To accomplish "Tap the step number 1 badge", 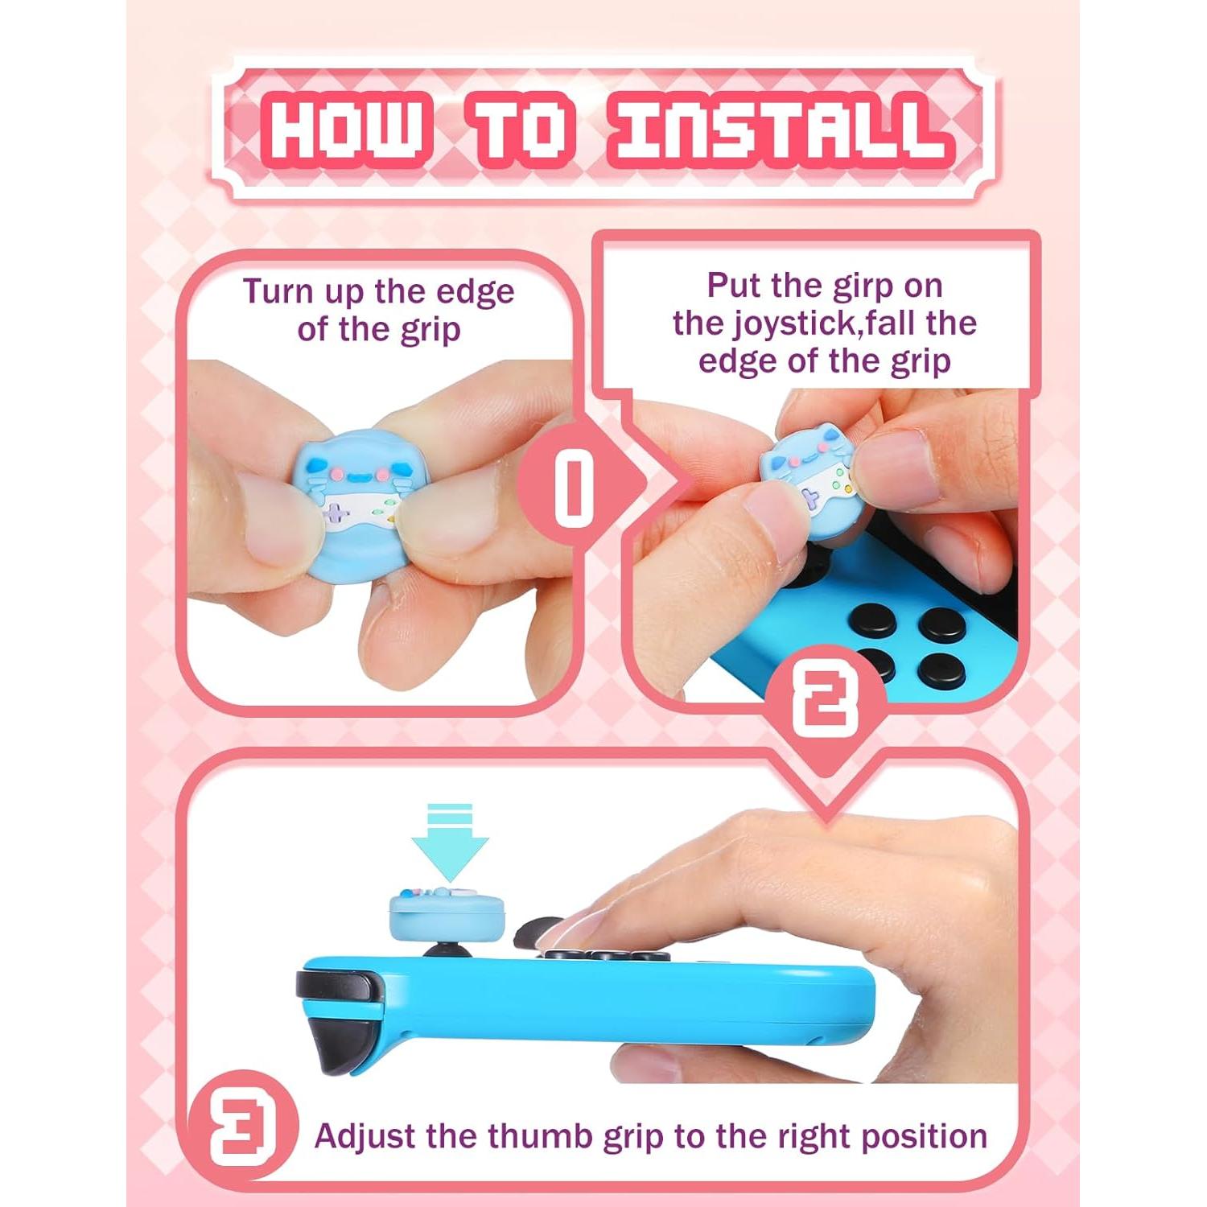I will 574,486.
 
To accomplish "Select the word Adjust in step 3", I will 366,1136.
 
